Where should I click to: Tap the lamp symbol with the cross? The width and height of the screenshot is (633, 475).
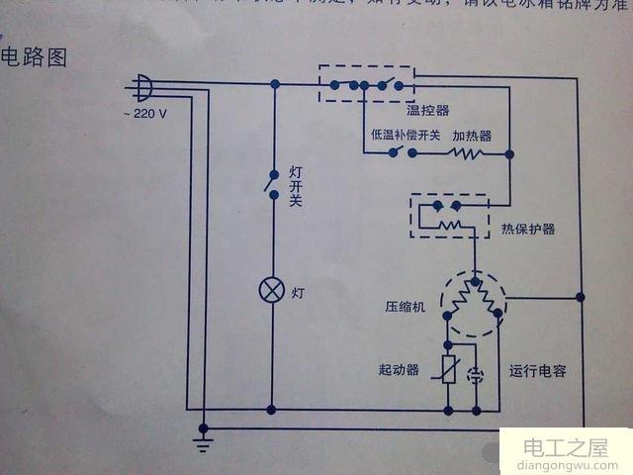pyautogui.click(x=272, y=290)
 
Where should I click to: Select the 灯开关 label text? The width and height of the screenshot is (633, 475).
pyautogui.click(x=295, y=186)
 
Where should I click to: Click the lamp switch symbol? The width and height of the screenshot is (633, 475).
pyautogui.click(x=271, y=183)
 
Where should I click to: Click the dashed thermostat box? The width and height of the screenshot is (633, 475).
pyautogui.click(x=366, y=83)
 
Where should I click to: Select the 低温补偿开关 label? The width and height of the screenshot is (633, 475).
pyautogui.click(x=406, y=135)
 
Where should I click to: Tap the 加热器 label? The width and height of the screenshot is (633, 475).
pyautogui.click(x=472, y=135)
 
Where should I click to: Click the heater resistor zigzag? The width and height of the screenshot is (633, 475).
pyautogui.click(x=466, y=154)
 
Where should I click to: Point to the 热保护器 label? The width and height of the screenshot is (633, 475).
pyautogui.click(x=527, y=229)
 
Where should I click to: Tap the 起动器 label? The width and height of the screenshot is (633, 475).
pyautogui.click(x=400, y=370)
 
